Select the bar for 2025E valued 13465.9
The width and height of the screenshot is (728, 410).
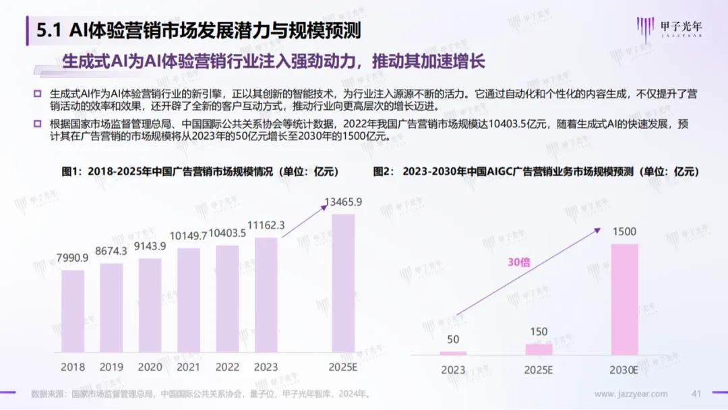pos(344,283)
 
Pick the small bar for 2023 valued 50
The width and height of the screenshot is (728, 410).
pos(453,353)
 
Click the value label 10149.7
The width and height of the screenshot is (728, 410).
pos(189,236)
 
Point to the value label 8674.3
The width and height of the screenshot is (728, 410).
pos(111,252)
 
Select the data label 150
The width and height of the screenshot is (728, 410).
pos(539,331)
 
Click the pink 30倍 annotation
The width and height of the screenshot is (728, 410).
pos(518,262)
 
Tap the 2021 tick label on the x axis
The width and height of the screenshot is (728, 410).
pos(189,368)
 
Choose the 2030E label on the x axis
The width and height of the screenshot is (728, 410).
pos(624,370)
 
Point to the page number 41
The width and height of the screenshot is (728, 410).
pos(697,394)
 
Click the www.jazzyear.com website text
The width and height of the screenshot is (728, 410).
pos(631,394)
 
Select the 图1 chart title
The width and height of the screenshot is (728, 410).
pos(200,172)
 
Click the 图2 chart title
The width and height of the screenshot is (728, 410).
pos(536,172)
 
